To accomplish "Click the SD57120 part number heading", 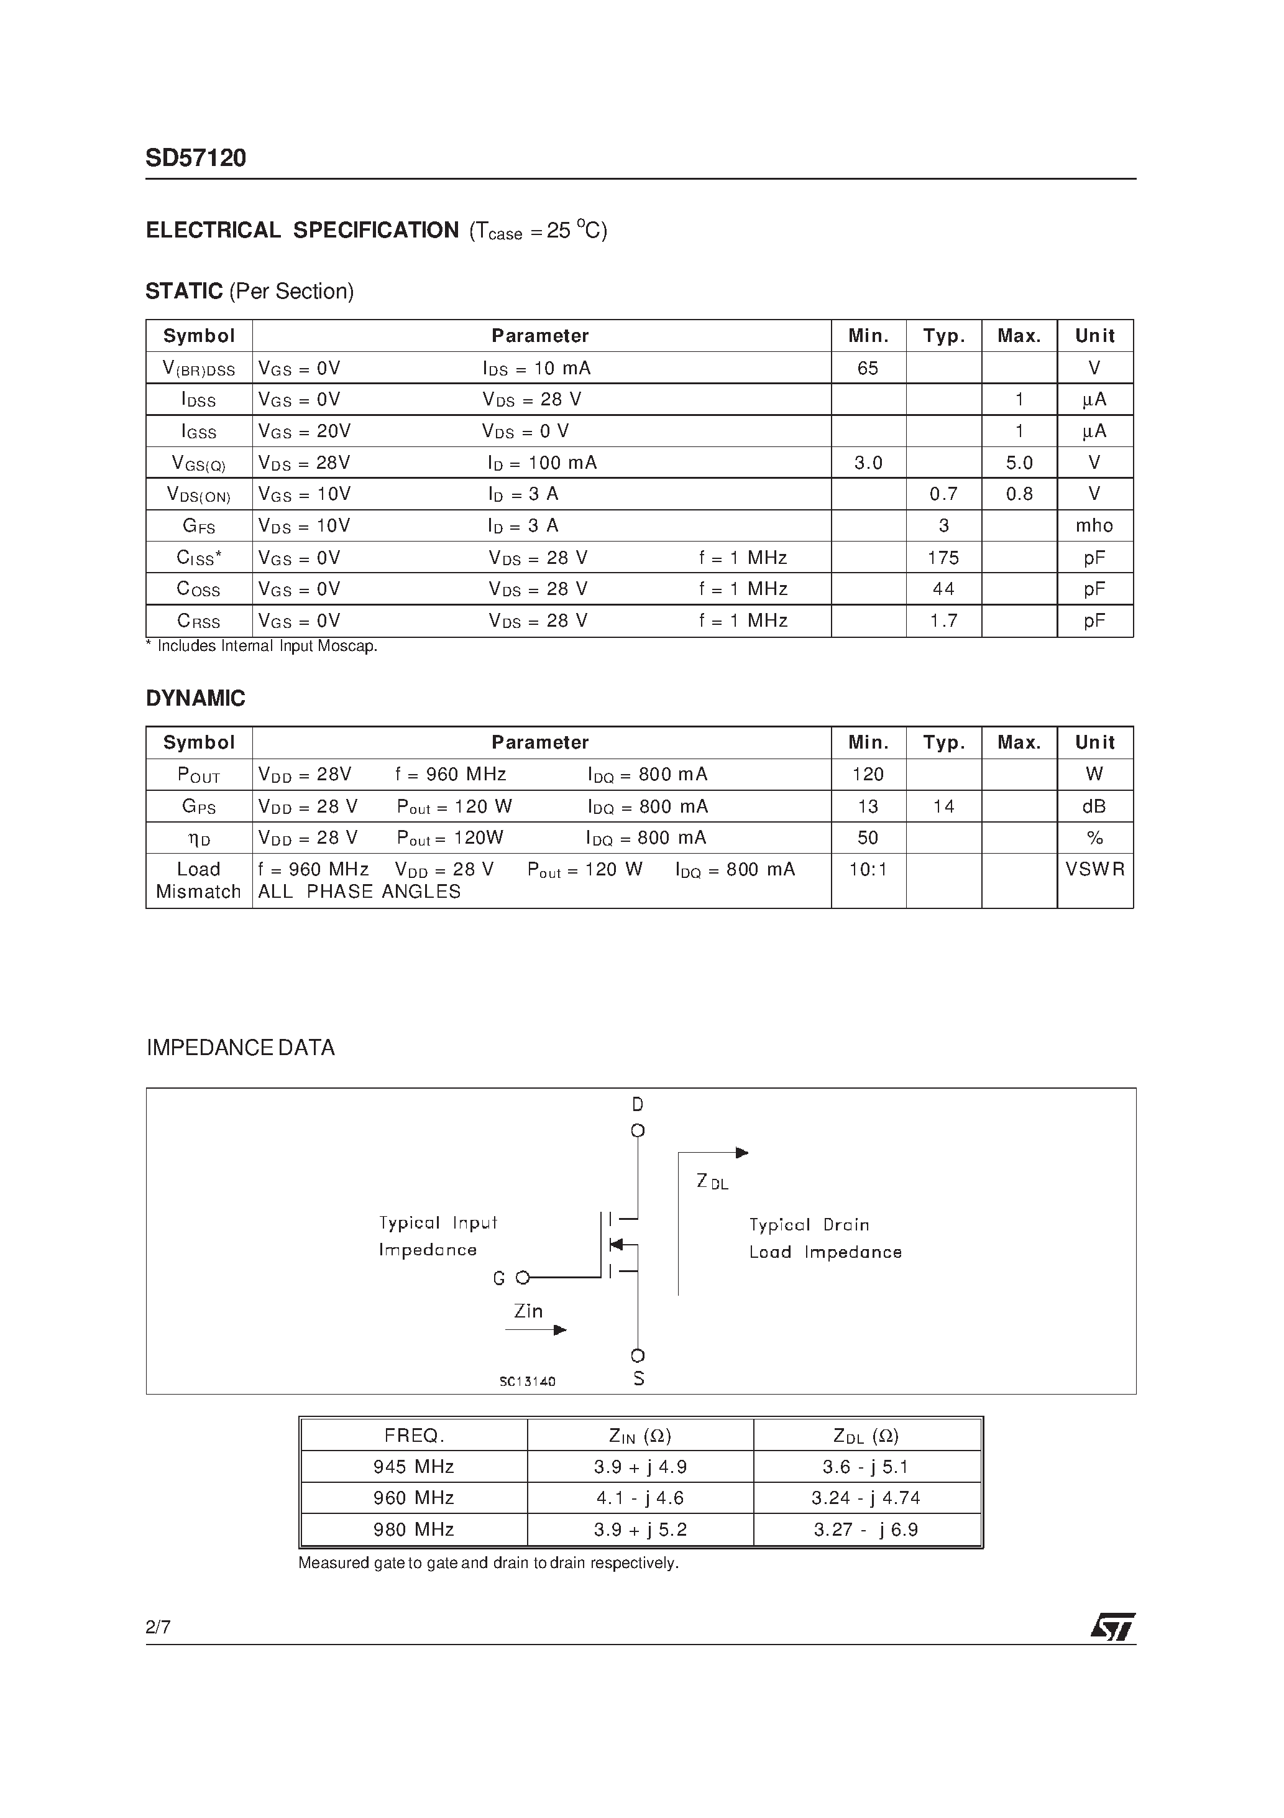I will [x=196, y=159].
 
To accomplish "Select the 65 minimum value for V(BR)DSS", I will [x=868, y=368].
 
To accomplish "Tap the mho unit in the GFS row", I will [x=1094, y=526].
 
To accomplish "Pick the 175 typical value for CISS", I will [x=943, y=558].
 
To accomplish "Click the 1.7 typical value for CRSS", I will [x=943, y=621].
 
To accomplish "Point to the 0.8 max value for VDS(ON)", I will [x=1019, y=494].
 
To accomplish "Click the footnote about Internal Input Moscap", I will [x=262, y=646].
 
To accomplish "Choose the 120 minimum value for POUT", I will [x=868, y=775].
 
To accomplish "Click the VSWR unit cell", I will [x=1094, y=869].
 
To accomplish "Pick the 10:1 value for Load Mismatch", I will [x=868, y=869].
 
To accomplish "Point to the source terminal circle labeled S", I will [x=637, y=1355].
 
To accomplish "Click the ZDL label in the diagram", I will [x=712, y=1182].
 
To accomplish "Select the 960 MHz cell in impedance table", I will [x=413, y=1498].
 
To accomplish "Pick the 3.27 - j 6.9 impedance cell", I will [x=866, y=1530].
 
